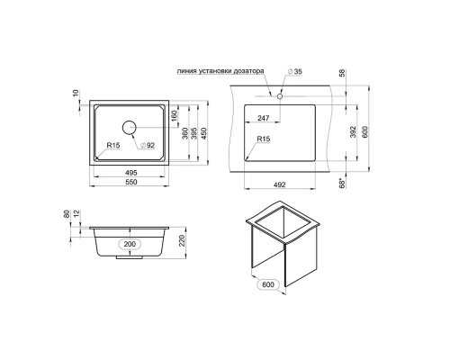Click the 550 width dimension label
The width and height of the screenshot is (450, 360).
click(131, 182)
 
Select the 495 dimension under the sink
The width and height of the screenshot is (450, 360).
click(131, 173)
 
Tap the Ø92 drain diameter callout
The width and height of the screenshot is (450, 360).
click(148, 146)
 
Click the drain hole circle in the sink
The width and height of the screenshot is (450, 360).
click(130, 128)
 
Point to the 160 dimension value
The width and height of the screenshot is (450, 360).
click(174, 115)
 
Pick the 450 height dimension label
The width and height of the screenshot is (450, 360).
click(203, 133)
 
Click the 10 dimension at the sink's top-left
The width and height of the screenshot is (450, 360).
click(76, 93)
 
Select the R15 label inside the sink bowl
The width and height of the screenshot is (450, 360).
click(113, 146)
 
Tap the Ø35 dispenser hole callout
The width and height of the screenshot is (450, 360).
click(295, 72)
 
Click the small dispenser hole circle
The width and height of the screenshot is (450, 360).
click(280, 96)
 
